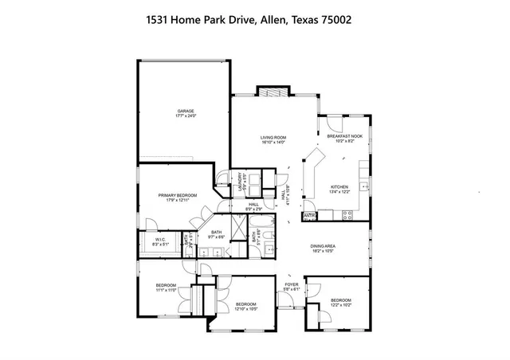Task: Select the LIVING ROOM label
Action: (273, 140)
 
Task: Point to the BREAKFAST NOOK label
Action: (345, 136)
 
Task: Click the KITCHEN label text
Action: (340, 190)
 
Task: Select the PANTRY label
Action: (308, 215)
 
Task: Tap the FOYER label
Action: (292, 286)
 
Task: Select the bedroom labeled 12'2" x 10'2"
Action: (340, 302)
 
